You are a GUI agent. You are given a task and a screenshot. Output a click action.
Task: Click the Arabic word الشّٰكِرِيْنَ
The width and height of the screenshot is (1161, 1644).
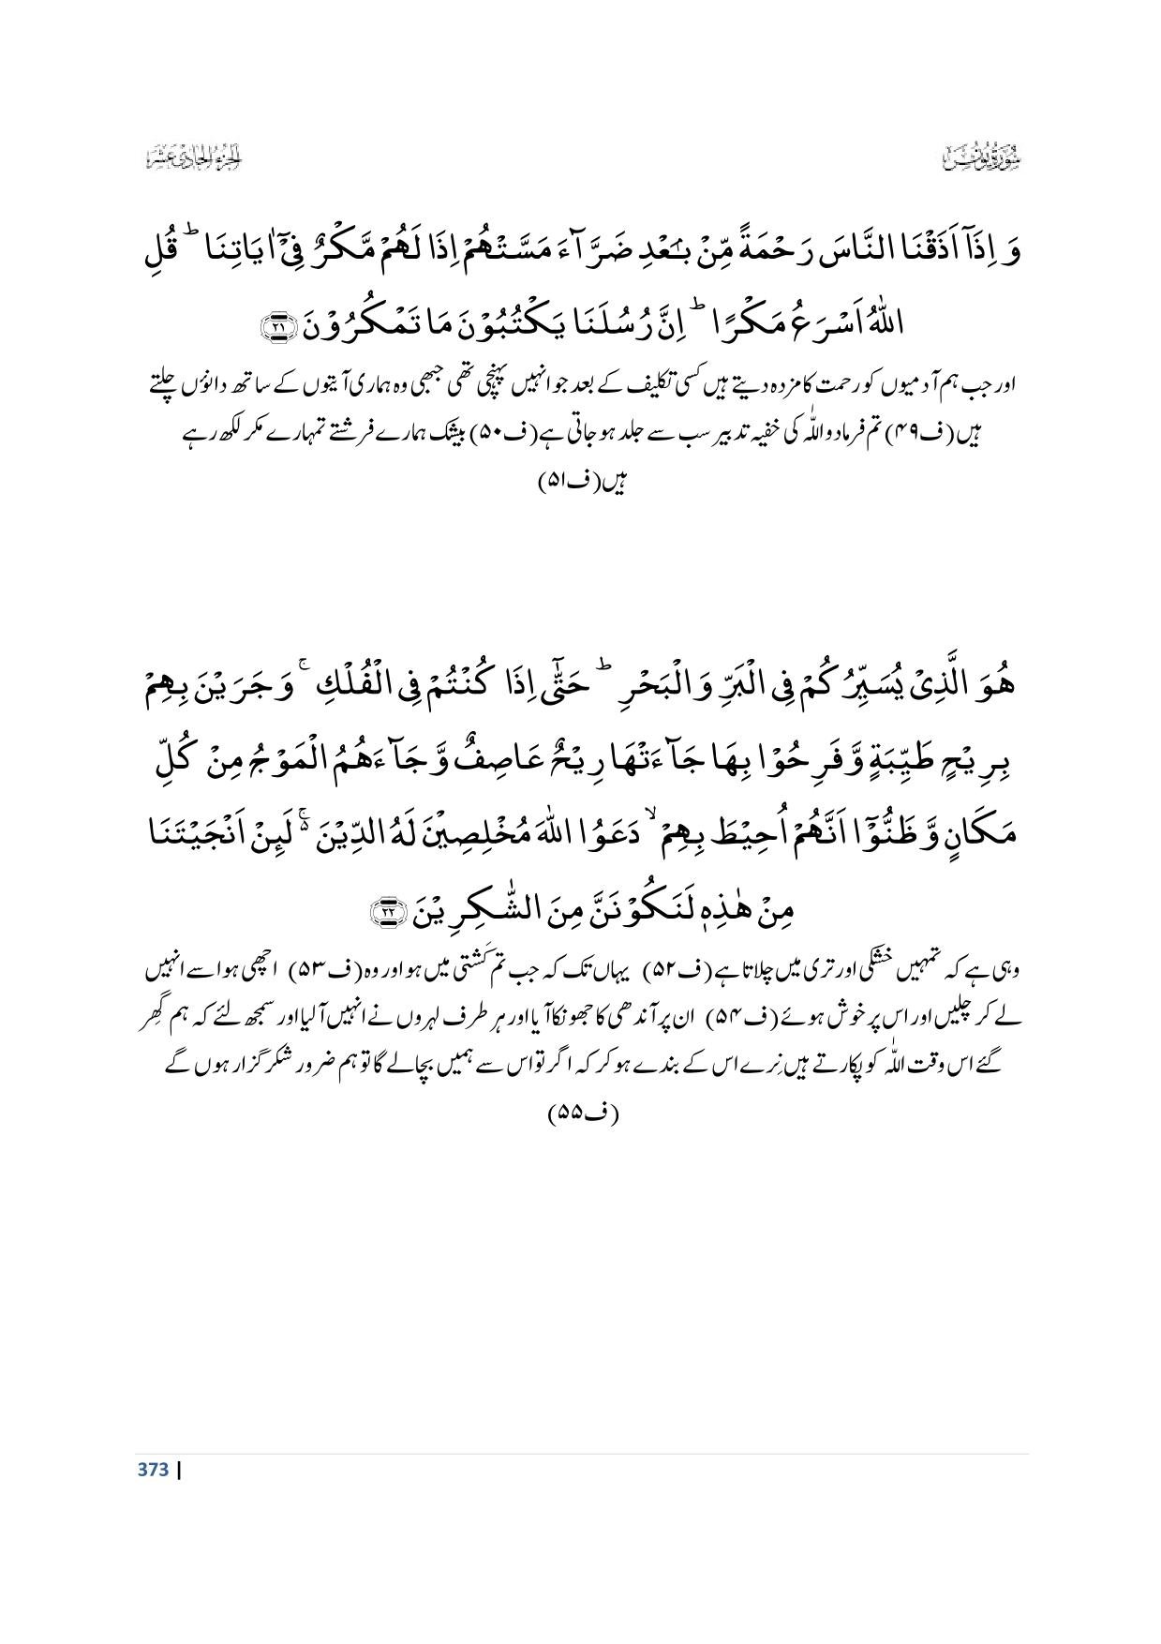(485, 907)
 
